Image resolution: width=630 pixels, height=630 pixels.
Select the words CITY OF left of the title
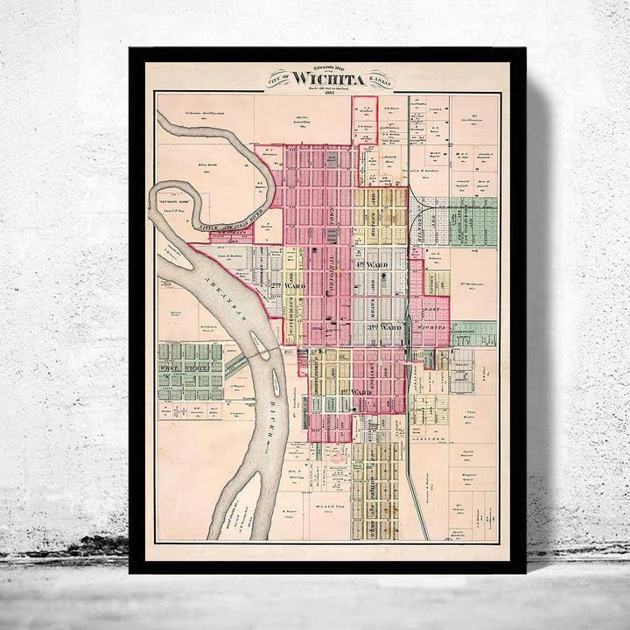pos(280,79)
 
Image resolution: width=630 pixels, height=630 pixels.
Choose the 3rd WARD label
pos(382,327)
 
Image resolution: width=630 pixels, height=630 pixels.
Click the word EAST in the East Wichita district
pos(430,309)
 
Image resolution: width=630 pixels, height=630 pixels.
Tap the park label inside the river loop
pos(180,200)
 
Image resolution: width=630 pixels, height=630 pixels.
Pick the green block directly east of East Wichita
pos(473,333)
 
